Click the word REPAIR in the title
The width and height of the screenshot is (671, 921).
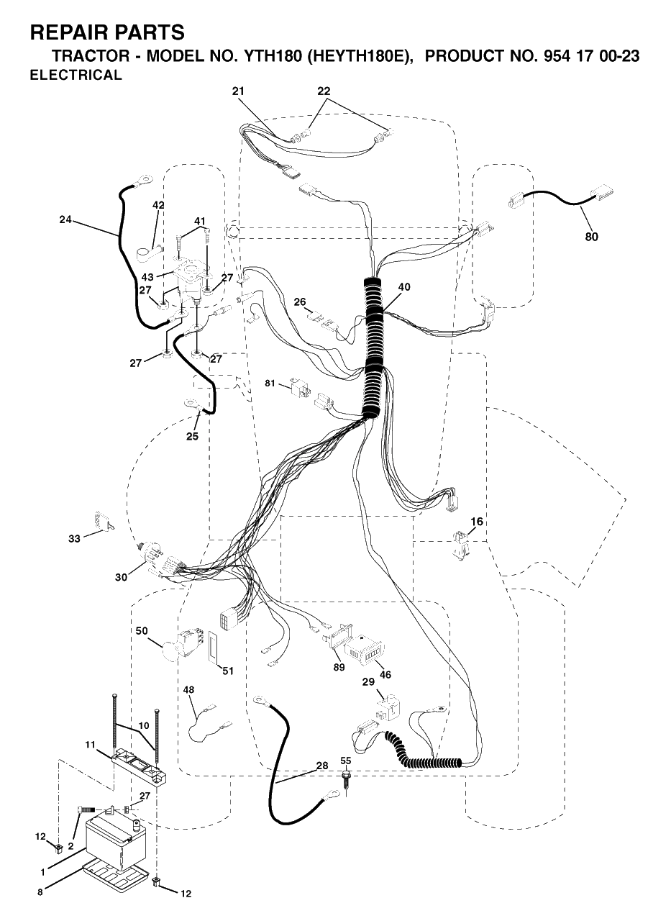(x=70, y=32)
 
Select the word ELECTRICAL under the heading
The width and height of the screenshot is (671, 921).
(x=76, y=75)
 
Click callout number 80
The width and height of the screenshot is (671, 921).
(x=591, y=237)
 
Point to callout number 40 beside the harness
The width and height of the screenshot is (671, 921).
(x=404, y=286)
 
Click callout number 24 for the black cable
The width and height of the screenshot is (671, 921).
(x=65, y=219)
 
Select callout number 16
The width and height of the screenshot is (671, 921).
(x=477, y=522)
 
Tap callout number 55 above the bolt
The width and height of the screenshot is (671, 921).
(x=345, y=761)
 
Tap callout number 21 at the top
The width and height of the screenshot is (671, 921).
(x=238, y=91)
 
